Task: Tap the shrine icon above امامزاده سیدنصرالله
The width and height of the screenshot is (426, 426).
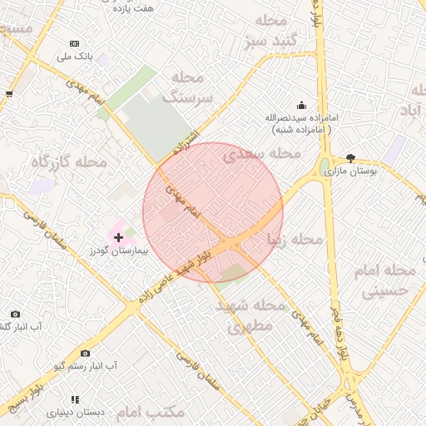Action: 300,106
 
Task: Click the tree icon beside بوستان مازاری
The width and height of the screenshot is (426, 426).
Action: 350,157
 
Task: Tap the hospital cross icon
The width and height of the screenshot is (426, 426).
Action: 118,237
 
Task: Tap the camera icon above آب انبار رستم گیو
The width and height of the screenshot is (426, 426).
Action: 85,354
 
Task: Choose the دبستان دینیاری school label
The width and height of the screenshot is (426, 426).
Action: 76,412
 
